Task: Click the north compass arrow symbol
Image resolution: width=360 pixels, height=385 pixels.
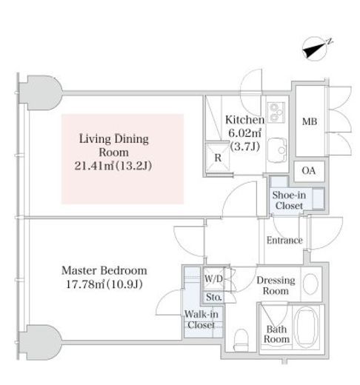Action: [x=316, y=50]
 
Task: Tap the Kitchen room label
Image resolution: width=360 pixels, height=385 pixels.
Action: [x=244, y=120]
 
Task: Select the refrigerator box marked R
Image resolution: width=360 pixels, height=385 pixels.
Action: [x=218, y=157]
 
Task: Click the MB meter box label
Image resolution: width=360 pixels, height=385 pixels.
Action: [x=310, y=121]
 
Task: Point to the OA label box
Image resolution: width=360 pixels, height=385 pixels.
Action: [x=309, y=171]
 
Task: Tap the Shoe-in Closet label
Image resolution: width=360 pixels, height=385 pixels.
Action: [x=289, y=200]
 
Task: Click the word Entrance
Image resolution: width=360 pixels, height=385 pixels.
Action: [x=284, y=240]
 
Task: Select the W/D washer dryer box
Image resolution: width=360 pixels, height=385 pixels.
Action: [x=214, y=278]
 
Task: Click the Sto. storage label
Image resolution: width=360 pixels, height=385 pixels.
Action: [x=213, y=297]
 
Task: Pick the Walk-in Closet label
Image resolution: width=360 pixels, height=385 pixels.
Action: [x=201, y=319]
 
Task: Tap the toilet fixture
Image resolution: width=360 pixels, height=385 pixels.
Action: [x=241, y=339]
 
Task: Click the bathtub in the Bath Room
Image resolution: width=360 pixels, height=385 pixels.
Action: [x=307, y=327]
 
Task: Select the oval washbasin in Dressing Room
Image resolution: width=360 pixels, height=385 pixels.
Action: [x=310, y=284]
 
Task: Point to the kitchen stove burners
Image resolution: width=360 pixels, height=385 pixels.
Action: [x=276, y=113]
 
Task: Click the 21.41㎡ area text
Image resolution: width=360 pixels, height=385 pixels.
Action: [x=94, y=166]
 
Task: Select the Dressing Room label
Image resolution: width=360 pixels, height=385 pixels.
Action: [x=276, y=286]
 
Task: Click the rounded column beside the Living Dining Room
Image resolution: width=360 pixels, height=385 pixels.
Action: [x=41, y=93]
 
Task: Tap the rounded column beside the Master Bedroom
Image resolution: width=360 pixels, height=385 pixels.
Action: [x=41, y=342]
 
